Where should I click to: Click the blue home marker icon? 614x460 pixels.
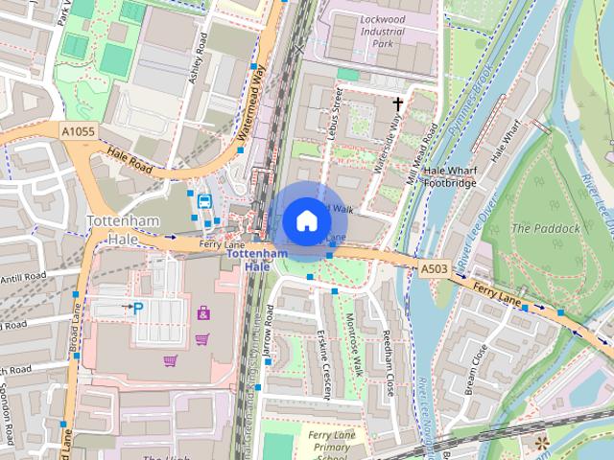(306, 220)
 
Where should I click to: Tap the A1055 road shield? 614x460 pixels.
(78, 129)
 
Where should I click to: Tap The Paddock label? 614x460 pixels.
(559, 228)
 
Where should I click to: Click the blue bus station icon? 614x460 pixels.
(204, 201)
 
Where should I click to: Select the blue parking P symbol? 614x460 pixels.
(137, 307)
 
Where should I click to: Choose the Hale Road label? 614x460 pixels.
(130, 160)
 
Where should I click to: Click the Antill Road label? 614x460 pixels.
(22, 276)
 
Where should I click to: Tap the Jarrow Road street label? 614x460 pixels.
(271, 333)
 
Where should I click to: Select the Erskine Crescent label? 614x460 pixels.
(325, 364)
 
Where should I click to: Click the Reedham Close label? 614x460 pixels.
(390, 351)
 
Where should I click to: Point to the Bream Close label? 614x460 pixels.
(474, 365)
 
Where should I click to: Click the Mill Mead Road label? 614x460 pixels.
(422, 153)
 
